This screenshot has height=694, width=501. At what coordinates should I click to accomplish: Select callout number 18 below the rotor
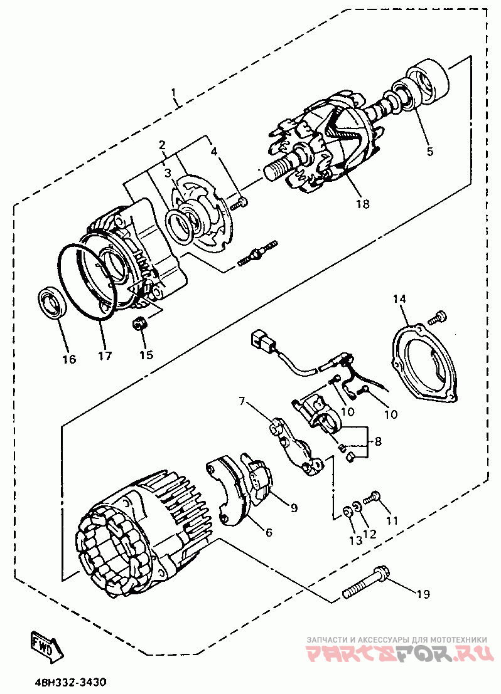tap(362, 204)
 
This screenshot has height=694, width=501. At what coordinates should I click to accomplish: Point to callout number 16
tap(68, 359)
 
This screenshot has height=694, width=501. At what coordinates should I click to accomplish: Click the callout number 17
tap(104, 356)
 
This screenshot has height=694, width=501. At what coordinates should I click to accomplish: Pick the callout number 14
tap(400, 300)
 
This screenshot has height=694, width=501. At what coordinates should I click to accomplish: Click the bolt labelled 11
tap(373, 497)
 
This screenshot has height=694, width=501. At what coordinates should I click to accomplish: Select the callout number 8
tap(378, 441)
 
